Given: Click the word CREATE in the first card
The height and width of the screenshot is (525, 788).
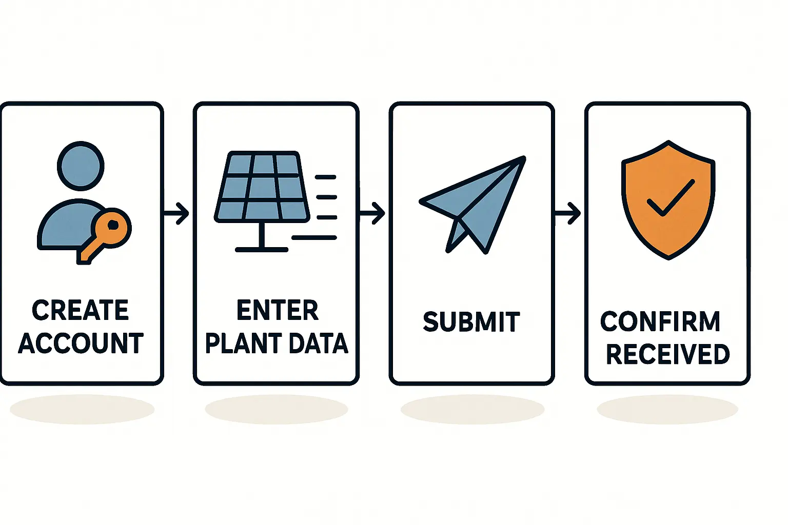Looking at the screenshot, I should coord(81,311).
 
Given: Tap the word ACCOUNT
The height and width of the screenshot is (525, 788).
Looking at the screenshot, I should coord(81,344).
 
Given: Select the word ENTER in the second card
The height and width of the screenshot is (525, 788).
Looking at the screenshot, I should coord(277,311).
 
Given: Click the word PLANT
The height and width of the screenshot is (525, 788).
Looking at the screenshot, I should coord(239,344).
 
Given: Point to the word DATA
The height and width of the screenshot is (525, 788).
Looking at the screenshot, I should coord(318,344).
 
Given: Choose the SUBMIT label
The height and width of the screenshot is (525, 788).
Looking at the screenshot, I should coord(471,322).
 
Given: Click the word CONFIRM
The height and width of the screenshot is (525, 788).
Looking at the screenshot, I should coord(660,322).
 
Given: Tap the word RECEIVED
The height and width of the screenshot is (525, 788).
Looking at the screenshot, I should coord(667,354).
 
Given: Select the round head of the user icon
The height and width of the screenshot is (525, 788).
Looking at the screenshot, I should coord(81,166).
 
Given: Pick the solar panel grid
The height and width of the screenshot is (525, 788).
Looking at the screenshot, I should coord(262,187).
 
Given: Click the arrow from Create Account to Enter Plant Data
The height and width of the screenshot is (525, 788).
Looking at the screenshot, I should coord(177,213).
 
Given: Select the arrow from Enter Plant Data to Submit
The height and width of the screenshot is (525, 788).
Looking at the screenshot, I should coord(373,213).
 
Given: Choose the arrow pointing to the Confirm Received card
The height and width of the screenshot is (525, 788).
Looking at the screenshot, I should coord(568,213).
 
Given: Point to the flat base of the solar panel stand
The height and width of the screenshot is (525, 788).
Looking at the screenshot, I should coord(262,250).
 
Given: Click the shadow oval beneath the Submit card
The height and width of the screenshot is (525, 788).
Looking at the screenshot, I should coord(472,409).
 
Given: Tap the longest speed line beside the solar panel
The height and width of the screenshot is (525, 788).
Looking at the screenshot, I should coord(314,238).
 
